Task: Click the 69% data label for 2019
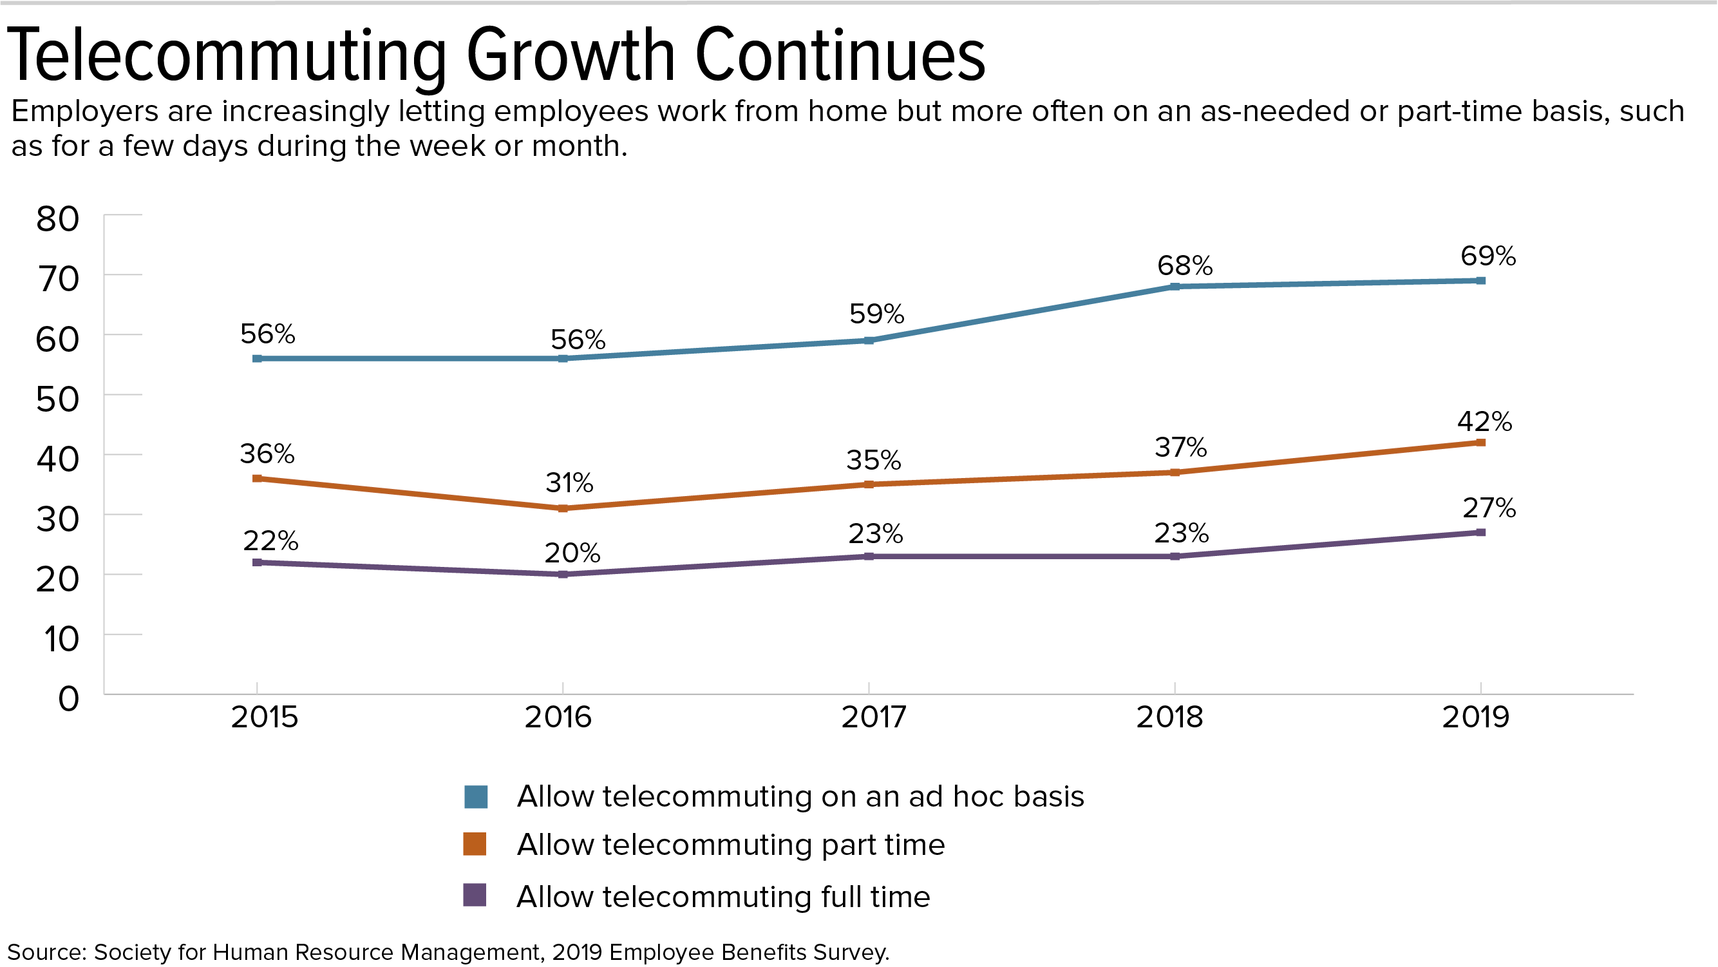pos(1488,256)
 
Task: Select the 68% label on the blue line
pos(1184,265)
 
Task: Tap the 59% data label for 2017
pos(876,314)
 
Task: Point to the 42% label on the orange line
pos(1485,421)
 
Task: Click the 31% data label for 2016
pos(569,483)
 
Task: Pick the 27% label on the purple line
pos(1489,508)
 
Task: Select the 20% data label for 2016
pos(572,553)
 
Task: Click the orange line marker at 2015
pos(258,479)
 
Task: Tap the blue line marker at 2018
pos(1175,286)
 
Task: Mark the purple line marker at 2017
pos(869,557)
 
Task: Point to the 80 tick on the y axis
pos(58,219)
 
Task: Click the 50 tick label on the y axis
pos(58,399)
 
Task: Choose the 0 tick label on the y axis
pos(69,699)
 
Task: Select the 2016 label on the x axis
pos(558,717)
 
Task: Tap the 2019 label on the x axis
pos(1476,717)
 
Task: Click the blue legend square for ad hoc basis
pos(475,797)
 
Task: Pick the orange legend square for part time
pos(475,844)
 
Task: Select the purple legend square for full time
pos(475,895)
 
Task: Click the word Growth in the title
pos(571,57)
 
